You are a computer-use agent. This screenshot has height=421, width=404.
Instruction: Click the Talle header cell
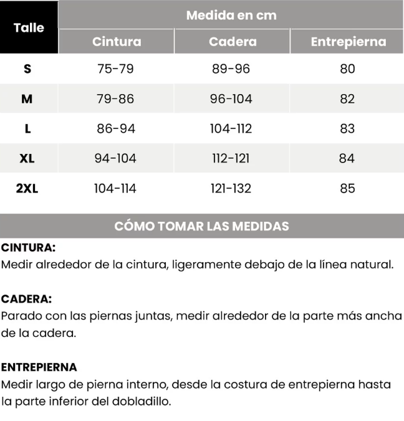pos(29,27)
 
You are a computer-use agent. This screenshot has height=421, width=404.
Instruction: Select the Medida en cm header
pos(231,14)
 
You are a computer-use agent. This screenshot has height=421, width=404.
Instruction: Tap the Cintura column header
pos(117,42)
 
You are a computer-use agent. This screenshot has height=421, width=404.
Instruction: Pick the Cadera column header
pos(233,42)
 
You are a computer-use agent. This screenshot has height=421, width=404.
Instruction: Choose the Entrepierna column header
pos(348,42)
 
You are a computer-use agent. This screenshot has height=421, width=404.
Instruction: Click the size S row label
pos(27,69)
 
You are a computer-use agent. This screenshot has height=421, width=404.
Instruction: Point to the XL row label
pos(27,158)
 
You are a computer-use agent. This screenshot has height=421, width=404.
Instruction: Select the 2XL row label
pos(27,188)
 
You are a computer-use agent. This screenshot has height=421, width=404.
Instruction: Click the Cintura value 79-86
pos(115,98)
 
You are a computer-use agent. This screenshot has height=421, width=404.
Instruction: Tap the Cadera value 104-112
pos(231,128)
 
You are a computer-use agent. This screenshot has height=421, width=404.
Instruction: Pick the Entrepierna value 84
pos(347,158)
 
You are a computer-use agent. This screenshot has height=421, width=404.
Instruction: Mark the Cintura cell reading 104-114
pos(115,188)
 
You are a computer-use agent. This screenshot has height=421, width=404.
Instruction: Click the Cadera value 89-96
pos(231,69)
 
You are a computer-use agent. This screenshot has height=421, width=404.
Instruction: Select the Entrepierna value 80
pos(347,69)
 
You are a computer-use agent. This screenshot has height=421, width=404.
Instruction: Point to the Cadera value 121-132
pos(231,188)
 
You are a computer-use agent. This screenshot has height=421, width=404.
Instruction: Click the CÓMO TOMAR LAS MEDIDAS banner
pos(202,226)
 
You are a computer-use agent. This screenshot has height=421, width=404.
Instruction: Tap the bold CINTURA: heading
pos(28,247)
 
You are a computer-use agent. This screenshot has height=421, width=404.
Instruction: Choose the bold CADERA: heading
pos(26,299)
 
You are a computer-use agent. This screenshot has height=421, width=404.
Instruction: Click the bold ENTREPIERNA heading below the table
pos(39,367)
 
